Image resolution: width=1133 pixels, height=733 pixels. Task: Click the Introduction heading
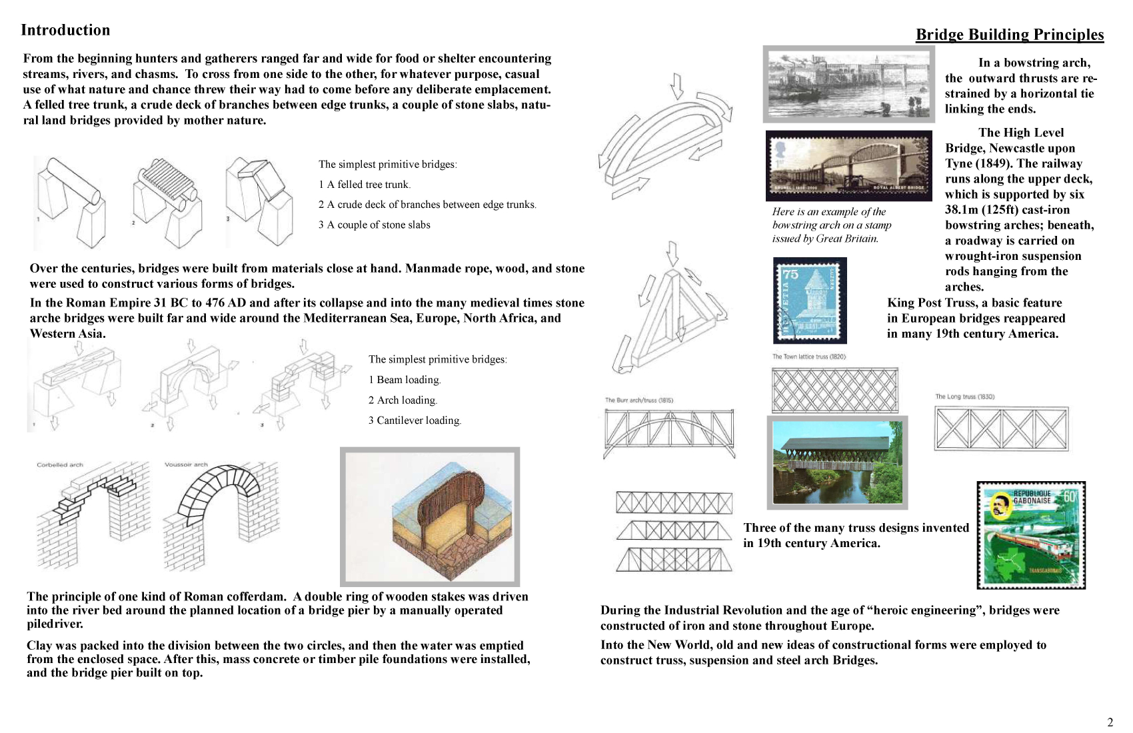65,30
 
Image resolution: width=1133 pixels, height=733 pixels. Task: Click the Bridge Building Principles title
1009,35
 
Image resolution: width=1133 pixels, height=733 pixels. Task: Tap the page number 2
1110,722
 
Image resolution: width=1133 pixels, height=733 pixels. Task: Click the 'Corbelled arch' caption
60,465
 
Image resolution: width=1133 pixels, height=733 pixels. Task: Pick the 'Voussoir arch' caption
186,464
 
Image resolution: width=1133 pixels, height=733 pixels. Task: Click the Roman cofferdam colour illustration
430,516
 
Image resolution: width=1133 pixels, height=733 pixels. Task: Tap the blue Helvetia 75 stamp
809,300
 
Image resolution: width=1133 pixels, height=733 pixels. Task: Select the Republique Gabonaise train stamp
1030,535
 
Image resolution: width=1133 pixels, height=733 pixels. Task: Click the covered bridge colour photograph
837,462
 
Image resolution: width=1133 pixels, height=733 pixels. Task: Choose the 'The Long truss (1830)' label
964,396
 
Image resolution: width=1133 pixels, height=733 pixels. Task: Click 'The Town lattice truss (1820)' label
808,357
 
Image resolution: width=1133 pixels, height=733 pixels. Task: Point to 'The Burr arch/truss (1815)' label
638,400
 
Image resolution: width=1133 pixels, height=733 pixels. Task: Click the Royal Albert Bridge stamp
848,165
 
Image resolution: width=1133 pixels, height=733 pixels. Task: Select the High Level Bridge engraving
848,84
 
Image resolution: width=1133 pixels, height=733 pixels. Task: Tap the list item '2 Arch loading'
403,400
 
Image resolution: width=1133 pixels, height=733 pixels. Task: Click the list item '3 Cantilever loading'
415,420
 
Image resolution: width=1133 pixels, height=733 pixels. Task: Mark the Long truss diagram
1001,429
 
